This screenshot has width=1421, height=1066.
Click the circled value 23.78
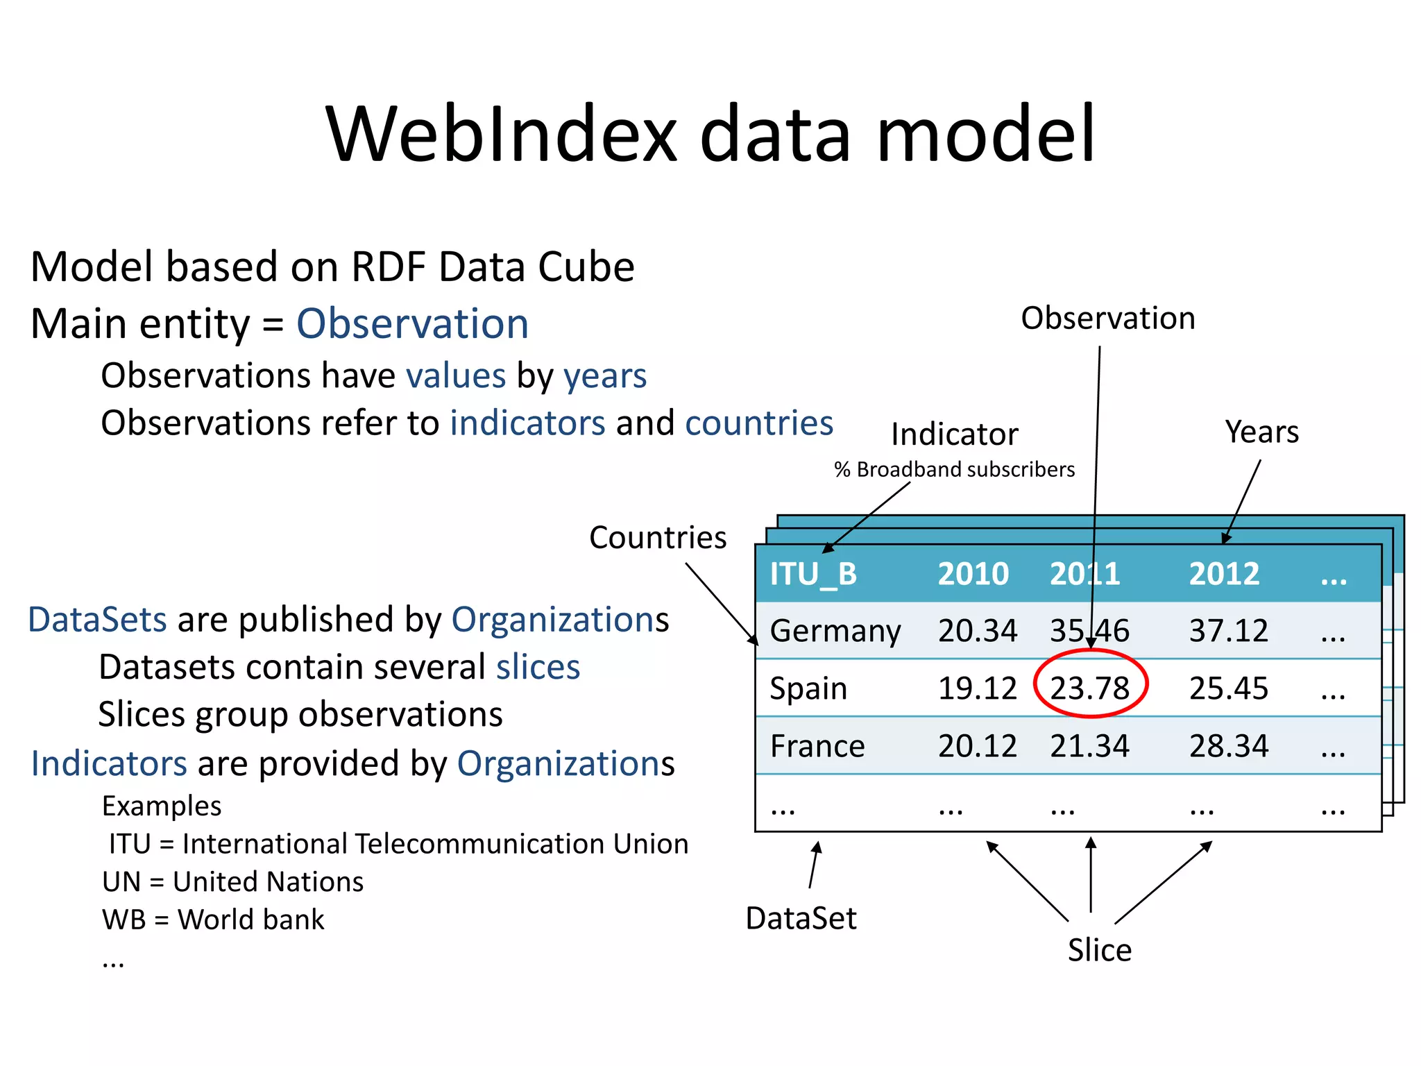[x=1089, y=688]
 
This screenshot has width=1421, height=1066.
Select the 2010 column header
[x=973, y=574]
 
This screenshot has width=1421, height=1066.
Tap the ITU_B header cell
[x=813, y=574]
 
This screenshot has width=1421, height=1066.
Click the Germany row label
[x=835, y=631]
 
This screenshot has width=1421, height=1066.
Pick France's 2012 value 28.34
[x=1228, y=746]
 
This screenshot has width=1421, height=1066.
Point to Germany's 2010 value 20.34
[x=977, y=631]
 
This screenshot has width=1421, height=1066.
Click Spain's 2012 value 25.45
[x=1228, y=688]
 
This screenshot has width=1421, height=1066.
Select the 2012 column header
[x=1224, y=574]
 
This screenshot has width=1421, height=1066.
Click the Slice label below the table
[x=1099, y=950]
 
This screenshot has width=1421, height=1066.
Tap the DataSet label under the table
[x=801, y=918]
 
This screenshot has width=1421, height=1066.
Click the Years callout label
[x=1261, y=432]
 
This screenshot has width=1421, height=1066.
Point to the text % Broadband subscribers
[x=954, y=470]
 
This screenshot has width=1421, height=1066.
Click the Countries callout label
[x=657, y=538]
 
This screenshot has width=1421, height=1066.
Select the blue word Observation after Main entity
[x=412, y=324]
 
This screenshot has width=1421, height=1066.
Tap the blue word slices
[x=538, y=667]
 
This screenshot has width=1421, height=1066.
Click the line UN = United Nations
[x=232, y=881]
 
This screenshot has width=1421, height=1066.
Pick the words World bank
[x=250, y=920]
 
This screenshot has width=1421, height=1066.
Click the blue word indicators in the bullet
[x=527, y=423]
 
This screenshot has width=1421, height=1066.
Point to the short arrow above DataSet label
[x=815, y=865]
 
